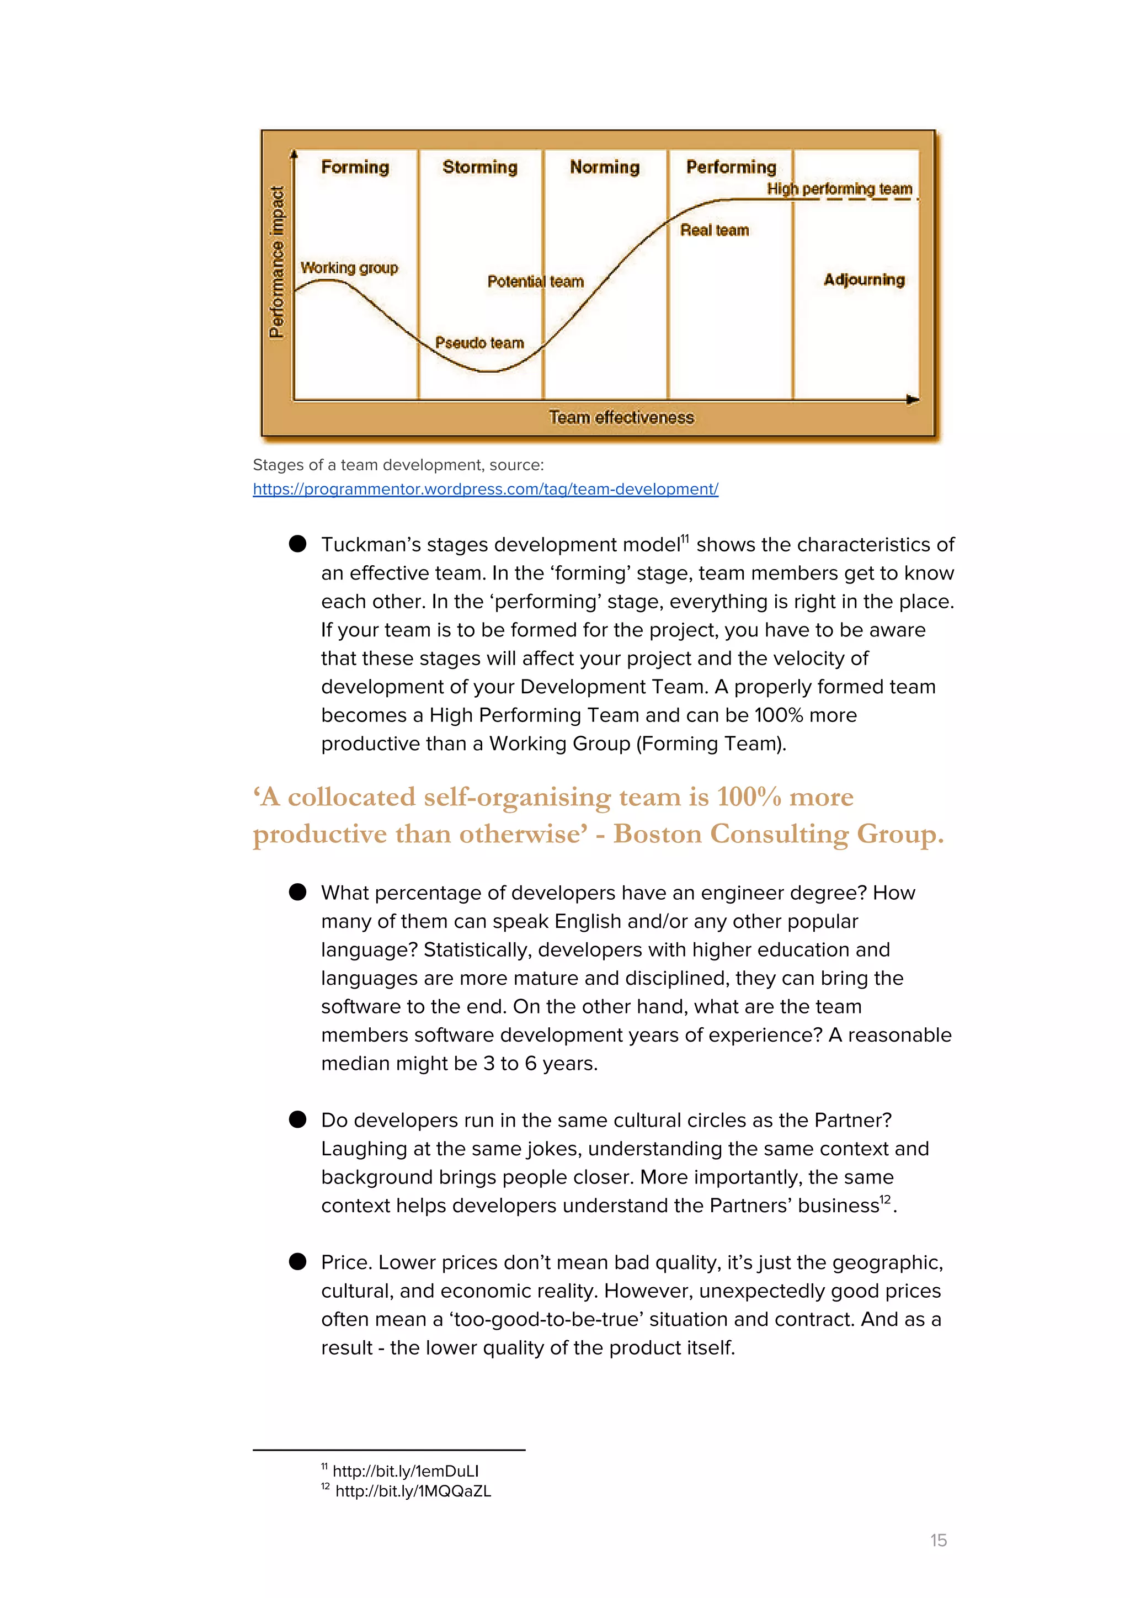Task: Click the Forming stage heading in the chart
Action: pos(355,167)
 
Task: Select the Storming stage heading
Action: pos(479,167)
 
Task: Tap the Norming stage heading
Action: pos(604,167)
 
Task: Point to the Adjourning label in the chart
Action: pos(864,280)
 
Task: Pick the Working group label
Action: pos(349,268)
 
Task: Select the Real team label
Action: pos(714,230)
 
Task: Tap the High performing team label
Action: pos(839,189)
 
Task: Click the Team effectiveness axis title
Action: pos(621,418)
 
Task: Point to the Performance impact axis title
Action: pos(277,262)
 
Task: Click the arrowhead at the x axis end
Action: pos(913,400)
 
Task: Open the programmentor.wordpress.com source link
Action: pos(485,489)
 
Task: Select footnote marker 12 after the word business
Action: pos(884,1200)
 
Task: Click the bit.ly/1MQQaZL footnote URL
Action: pos(413,1491)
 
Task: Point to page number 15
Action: pos(938,1540)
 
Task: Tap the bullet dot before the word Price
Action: pos(298,1262)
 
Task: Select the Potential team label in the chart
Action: pos(535,282)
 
